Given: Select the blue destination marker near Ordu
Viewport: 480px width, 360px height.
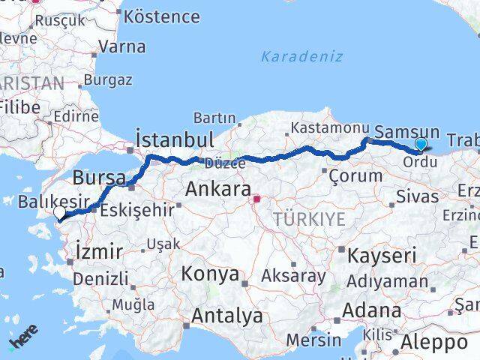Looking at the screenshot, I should click(x=421, y=144).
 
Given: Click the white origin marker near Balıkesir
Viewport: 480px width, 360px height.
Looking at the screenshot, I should click(x=59, y=213).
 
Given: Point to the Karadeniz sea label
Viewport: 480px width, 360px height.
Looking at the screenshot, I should click(x=302, y=56).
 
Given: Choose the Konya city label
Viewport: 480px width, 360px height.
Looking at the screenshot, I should click(x=209, y=274).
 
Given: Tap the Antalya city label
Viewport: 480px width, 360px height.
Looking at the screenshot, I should click(x=227, y=316).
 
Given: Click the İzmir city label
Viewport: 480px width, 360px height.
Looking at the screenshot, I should click(x=99, y=252).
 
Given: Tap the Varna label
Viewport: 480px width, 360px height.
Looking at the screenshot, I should click(x=121, y=46).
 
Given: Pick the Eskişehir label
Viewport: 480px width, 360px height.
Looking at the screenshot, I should click(x=136, y=209).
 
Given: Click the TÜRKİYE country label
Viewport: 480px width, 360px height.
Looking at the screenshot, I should click(x=310, y=219).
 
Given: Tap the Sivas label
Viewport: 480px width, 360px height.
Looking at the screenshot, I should click(x=417, y=197).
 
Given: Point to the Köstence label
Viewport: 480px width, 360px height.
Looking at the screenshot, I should click(x=161, y=16).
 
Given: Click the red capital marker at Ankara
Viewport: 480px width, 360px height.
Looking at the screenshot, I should click(x=256, y=199).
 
